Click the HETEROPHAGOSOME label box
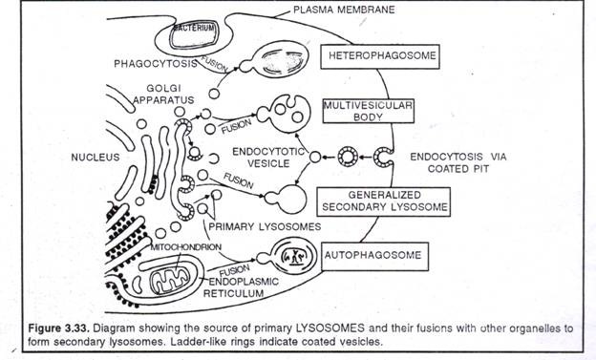(x=380, y=56)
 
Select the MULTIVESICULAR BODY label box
(x=369, y=111)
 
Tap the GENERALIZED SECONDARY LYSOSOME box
(x=384, y=201)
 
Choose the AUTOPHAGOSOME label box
(x=375, y=256)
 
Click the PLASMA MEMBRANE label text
(x=344, y=10)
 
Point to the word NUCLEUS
(x=95, y=157)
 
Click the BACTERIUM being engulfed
(x=194, y=35)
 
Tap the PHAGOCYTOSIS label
(x=156, y=63)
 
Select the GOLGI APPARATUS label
(x=163, y=94)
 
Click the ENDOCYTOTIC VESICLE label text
(x=268, y=158)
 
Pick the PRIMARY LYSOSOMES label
(x=265, y=226)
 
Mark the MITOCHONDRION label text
(x=186, y=247)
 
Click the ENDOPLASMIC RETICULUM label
(x=241, y=287)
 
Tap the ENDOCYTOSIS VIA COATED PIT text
(x=458, y=162)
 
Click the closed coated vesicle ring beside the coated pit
(x=348, y=157)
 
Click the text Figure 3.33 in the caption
(x=59, y=328)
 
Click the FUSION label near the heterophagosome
(x=214, y=64)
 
